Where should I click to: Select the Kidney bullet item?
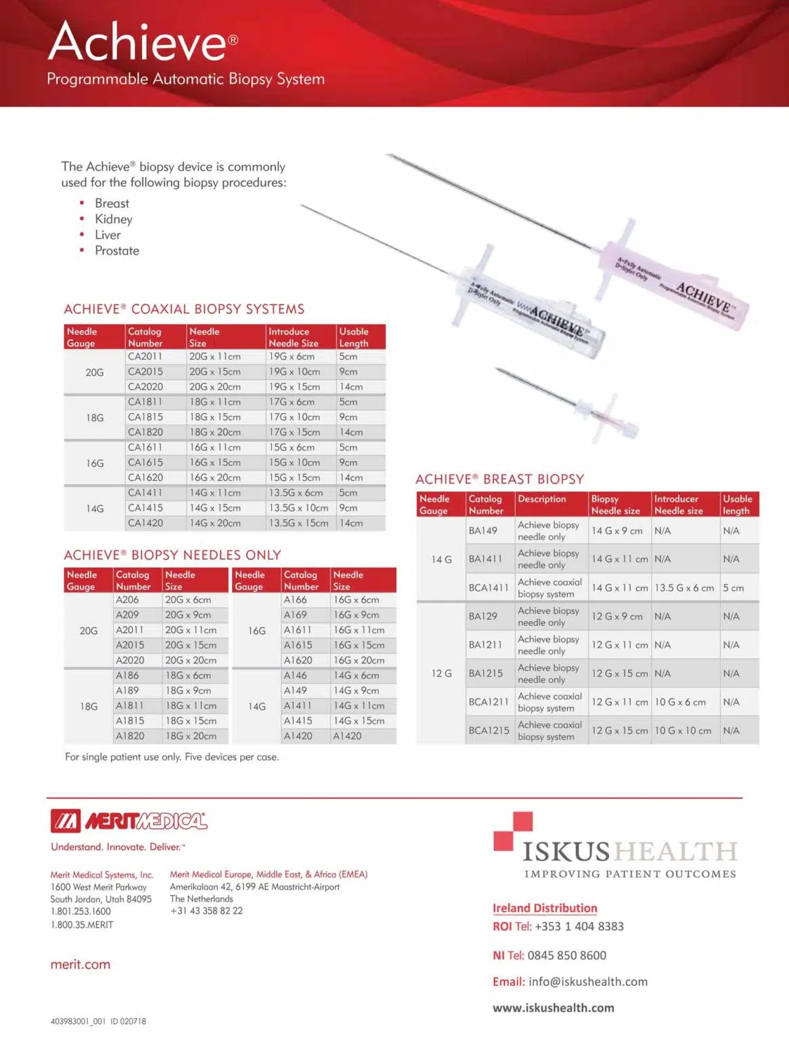(x=113, y=219)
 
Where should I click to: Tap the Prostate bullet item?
(x=116, y=251)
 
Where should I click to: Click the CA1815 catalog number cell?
(x=145, y=417)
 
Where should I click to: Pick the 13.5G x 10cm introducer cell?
(x=298, y=508)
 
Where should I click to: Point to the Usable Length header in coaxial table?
(x=354, y=337)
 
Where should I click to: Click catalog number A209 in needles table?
(x=127, y=615)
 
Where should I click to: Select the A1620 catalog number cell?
(x=298, y=660)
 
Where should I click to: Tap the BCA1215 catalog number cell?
(x=489, y=731)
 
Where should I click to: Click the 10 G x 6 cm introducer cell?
(x=679, y=702)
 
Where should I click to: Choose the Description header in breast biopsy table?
(x=541, y=499)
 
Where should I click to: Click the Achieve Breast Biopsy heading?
(x=499, y=479)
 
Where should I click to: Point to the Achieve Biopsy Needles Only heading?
(x=172, y=555)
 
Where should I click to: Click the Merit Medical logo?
(x=129, y=821)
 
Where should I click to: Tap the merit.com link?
(x=80, y=964)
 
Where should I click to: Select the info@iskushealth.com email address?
(x=587, y=982)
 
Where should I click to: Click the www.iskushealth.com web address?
(x=553, y=1007)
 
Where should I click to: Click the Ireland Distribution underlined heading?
(x=544, y=908)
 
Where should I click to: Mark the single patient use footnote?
(x=172, y=757)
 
